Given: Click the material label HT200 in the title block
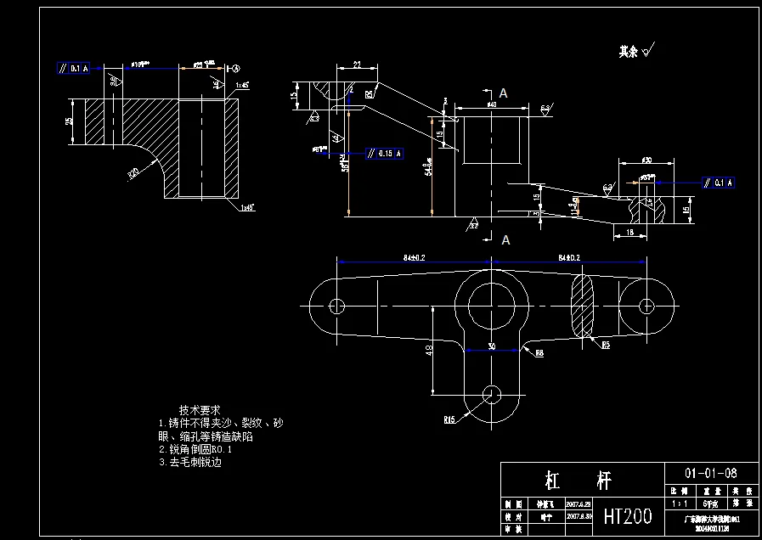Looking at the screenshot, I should pos(627,515).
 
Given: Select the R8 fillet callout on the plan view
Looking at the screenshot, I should pos(540,354).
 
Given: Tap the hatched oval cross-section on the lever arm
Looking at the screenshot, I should pos(584,307).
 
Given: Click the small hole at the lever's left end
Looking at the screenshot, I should pos(336,305).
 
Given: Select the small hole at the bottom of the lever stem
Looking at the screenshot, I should pos(491,392).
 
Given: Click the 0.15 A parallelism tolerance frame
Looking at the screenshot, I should pos(386,154).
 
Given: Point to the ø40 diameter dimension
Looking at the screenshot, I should pos(491,104).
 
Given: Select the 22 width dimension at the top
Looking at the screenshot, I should pos(357,65).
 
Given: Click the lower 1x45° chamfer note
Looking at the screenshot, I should pos(247,206).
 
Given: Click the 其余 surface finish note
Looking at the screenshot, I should pos(628,52).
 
